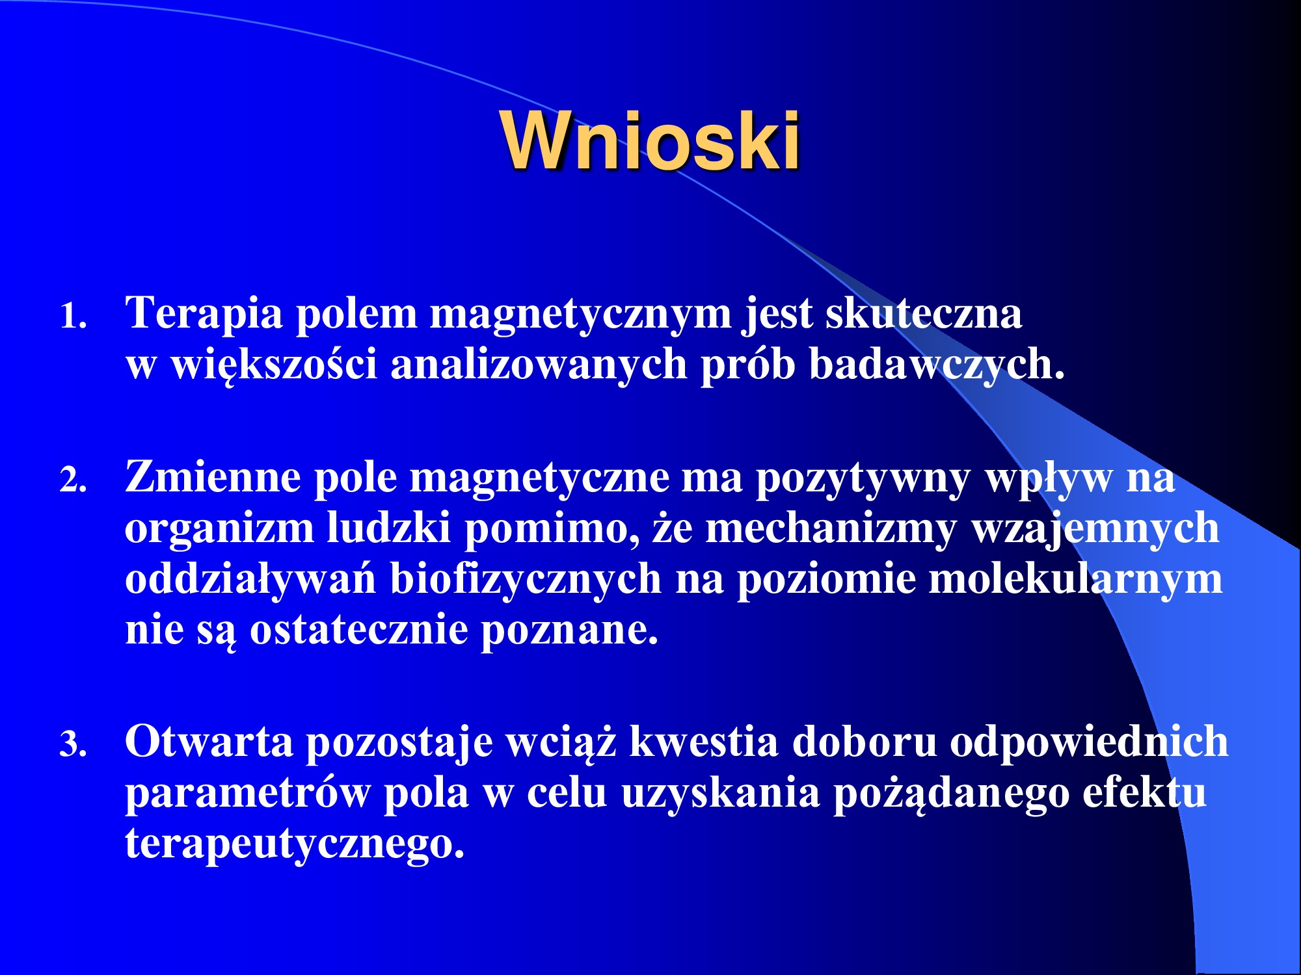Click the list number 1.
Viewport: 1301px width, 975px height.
coord(73,317)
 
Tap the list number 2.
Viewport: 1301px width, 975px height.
coord(73,480)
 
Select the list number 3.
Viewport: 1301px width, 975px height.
coord(73,744)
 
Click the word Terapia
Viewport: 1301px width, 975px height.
coord(204,315)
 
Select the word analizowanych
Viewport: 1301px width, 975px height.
coord(539,365)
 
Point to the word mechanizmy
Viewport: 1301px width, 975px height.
coord(831,529)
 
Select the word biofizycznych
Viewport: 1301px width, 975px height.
coord(526,580)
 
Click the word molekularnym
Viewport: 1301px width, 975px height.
coord(1076,580)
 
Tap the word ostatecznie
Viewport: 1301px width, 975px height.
coord(359,630)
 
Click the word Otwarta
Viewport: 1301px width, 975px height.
coord(209,742)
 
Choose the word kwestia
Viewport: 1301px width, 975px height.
coord(704,742)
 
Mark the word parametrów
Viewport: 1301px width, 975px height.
coord(247,794)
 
